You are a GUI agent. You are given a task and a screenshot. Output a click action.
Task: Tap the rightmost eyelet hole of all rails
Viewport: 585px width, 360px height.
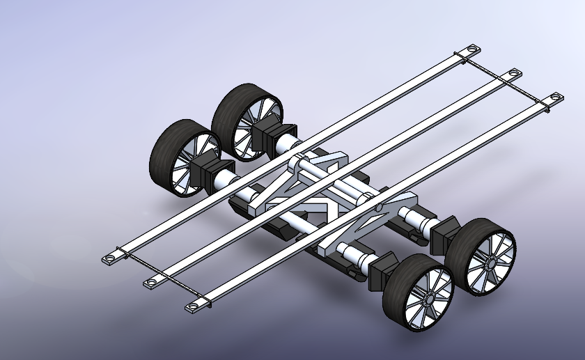tap(556, 97)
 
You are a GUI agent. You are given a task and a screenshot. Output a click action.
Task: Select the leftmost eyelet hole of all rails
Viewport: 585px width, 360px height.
tap(109, 259)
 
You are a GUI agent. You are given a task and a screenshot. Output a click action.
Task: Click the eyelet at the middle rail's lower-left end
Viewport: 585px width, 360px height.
tap(150, 281)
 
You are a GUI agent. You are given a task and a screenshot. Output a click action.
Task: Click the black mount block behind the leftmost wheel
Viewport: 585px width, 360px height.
tap(206, 171)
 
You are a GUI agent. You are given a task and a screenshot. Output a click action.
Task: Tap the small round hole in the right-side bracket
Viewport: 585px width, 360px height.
tap(377, 208)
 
